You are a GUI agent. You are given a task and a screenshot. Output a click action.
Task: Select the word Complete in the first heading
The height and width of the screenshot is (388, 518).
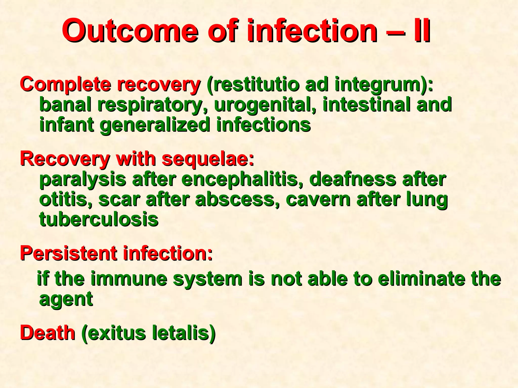66,85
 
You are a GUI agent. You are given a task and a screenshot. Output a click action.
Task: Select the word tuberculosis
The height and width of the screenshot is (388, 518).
99,219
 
